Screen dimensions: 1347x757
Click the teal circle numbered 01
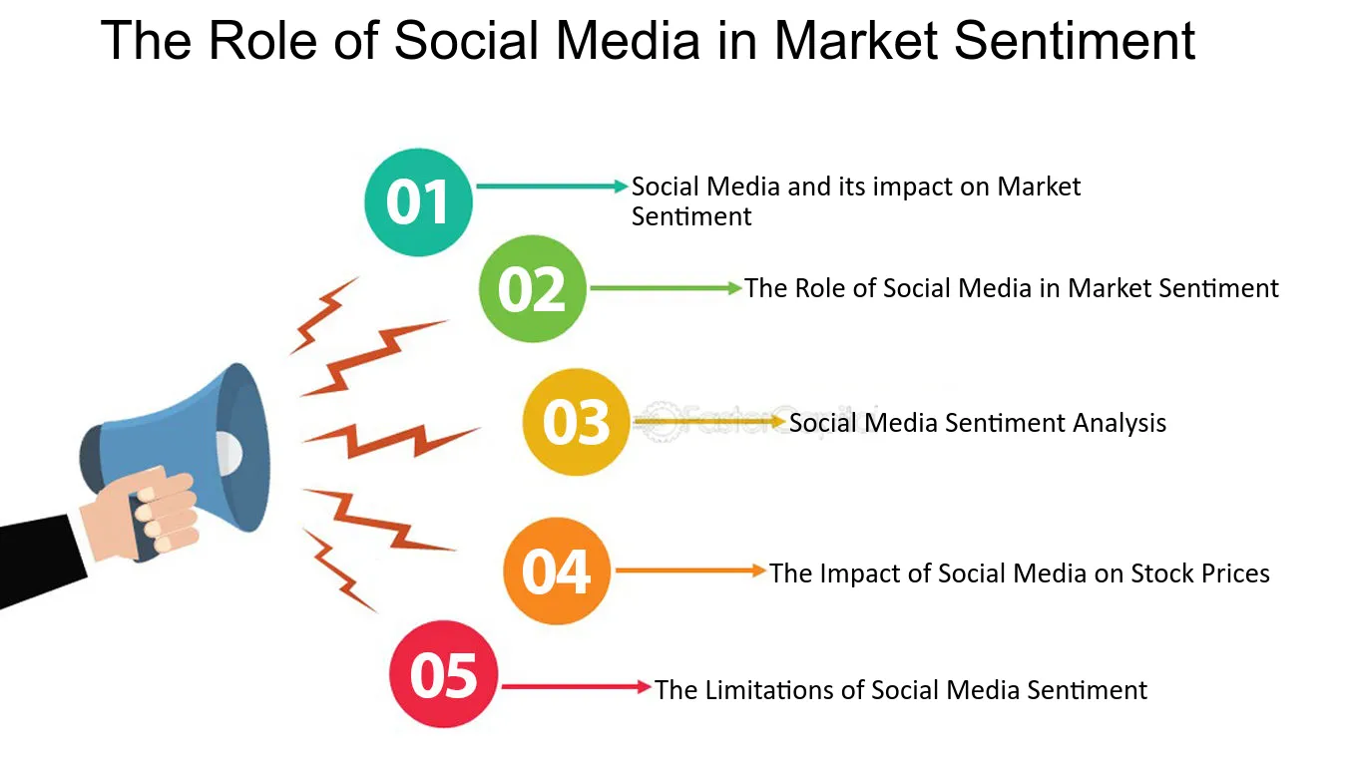click(x=418, y=202)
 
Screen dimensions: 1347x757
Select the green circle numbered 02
click(x=533, y=288)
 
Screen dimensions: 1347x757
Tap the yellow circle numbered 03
click(x=576, y=422)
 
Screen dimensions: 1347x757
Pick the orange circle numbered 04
click(x=557, y=570)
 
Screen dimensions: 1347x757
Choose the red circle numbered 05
click(x=444, y=674)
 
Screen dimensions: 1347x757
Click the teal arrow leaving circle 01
click(x=552, y=187)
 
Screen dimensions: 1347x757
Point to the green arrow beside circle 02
click(x=666, y=288)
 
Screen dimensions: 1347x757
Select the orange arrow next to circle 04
click(x=690, y=570)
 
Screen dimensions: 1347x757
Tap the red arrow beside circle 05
click(x=577, y=686)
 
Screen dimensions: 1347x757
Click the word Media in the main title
click(x=628, y=41)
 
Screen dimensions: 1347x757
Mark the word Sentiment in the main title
click(x=1075, y=41)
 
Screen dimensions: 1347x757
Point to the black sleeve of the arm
click(x=41, y=561)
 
